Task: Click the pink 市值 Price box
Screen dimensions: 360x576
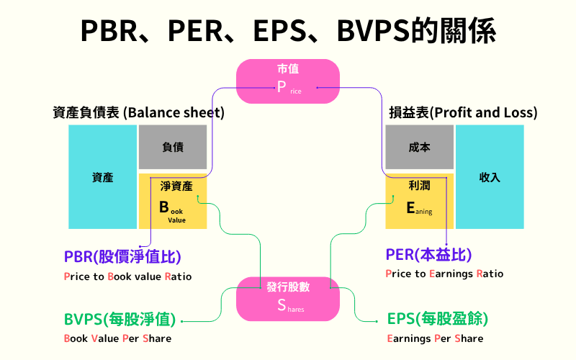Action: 288,80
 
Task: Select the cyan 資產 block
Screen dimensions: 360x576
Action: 102,177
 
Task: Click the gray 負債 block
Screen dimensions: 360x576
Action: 173,147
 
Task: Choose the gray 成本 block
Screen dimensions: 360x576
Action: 419,147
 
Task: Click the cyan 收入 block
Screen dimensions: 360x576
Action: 490,177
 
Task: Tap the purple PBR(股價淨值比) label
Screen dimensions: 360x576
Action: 122,256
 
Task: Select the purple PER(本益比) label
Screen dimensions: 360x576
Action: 429,255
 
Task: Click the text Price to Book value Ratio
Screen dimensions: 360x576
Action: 127,276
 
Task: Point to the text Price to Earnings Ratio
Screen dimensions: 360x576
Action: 444,274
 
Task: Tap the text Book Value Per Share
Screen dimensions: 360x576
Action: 117,338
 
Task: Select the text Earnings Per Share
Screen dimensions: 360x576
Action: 435,338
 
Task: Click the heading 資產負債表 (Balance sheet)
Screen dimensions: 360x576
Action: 139,113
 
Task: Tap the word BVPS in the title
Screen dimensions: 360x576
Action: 383,31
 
